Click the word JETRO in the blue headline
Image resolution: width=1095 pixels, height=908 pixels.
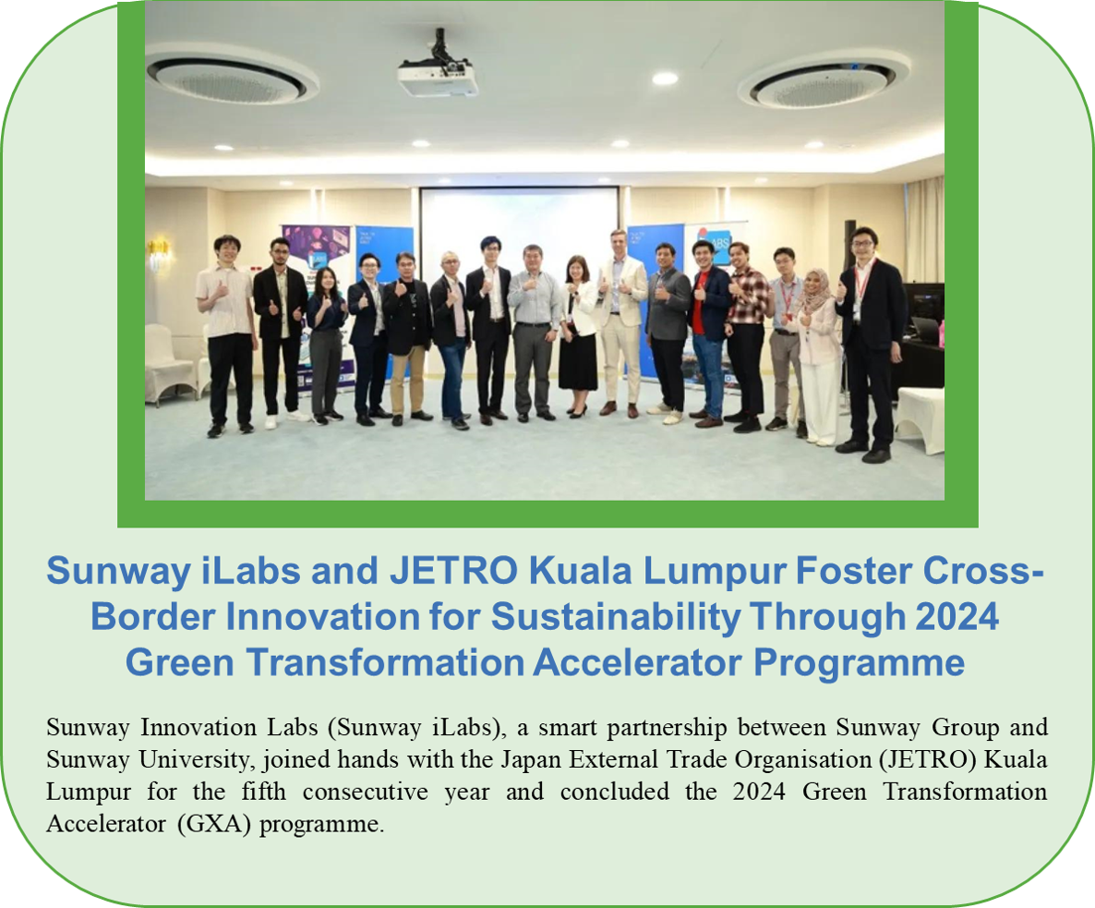453,571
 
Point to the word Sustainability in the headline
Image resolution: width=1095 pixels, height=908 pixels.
615,617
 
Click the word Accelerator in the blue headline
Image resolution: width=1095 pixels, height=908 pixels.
637,662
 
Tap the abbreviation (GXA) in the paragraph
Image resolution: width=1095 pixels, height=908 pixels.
213,824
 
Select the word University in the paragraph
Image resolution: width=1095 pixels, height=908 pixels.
193,760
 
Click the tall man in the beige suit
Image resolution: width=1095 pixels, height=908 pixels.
620,322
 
